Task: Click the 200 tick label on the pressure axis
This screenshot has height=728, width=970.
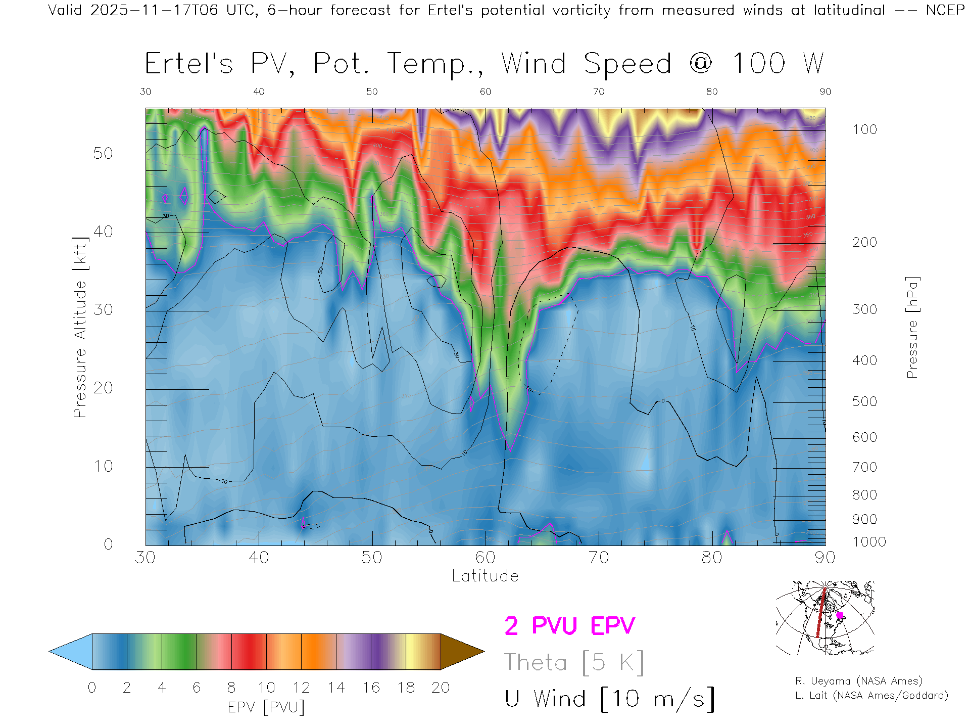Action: pos(864,242)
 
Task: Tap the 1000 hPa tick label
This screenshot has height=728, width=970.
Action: pos(869,542)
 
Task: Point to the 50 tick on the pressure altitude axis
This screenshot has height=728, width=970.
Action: pos(103,153)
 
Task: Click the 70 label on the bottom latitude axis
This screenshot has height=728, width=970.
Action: pos(598,558)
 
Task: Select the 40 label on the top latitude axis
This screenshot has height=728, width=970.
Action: pos(259,92)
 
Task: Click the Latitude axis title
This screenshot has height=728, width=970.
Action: pos(485,576)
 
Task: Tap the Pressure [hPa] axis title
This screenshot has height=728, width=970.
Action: pos(912,327)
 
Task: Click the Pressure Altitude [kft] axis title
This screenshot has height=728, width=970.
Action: pos(80,327)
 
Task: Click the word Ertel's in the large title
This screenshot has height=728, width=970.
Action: pos(189,64)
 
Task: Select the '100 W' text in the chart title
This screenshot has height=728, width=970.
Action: pos(778,64)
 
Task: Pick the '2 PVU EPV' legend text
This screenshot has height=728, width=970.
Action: pos(569,626)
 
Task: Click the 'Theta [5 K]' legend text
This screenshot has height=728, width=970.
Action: pos(574,662)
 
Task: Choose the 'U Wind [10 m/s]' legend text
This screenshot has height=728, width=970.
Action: pos(609,699)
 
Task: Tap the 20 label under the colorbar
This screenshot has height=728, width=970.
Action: pos(441,688)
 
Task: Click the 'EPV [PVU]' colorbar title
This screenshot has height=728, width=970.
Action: pos(266,707)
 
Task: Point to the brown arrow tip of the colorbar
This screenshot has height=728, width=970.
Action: pos(462,652)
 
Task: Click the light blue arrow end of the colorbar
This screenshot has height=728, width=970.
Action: pos(71,652)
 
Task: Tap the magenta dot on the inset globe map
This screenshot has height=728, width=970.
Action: pos(840,615)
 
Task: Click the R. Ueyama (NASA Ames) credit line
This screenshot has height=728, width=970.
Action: pos(858,681)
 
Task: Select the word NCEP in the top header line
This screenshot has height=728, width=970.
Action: pos(945,10)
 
